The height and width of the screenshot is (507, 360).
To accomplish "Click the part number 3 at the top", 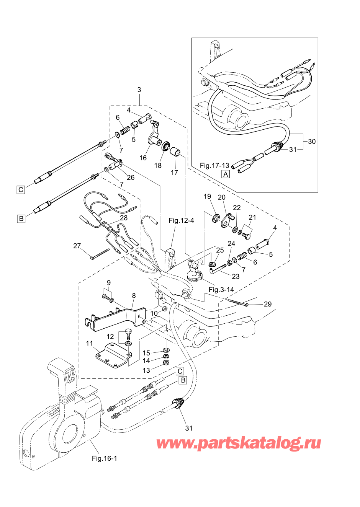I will coord(139,90).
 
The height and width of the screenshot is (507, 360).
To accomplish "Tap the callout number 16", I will coord(143,158).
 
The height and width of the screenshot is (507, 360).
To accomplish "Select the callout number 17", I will coord(174,173).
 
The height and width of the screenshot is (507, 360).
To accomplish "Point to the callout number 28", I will coord(124,218).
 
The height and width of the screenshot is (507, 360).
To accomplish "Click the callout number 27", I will coord(77,246).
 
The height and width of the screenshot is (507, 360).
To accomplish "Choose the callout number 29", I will coord(268,304).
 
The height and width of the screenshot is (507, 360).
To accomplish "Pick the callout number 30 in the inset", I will coord(312,142).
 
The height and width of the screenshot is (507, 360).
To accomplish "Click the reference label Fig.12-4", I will coord(181,220).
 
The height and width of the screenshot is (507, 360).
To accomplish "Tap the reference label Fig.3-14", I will coord(221,290).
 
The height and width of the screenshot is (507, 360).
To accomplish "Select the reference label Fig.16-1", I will coord(104,458).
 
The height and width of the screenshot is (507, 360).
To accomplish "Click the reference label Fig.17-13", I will coord(214,166).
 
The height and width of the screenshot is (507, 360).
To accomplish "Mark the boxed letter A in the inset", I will coord(226,174).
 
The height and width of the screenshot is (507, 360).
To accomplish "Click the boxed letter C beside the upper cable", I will coord(21,189).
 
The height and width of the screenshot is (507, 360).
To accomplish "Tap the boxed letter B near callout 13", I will coord(183,380).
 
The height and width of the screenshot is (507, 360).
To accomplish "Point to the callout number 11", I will coord(90,343).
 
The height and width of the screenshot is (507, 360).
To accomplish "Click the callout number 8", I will coord(134,295).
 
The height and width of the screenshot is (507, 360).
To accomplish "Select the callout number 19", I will coord(207,196).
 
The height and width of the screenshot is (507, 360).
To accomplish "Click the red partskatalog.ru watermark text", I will coord(239,443).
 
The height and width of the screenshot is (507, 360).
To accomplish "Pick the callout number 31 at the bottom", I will coord(189,428).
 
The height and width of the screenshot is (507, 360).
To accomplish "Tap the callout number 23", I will coord(236,276).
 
